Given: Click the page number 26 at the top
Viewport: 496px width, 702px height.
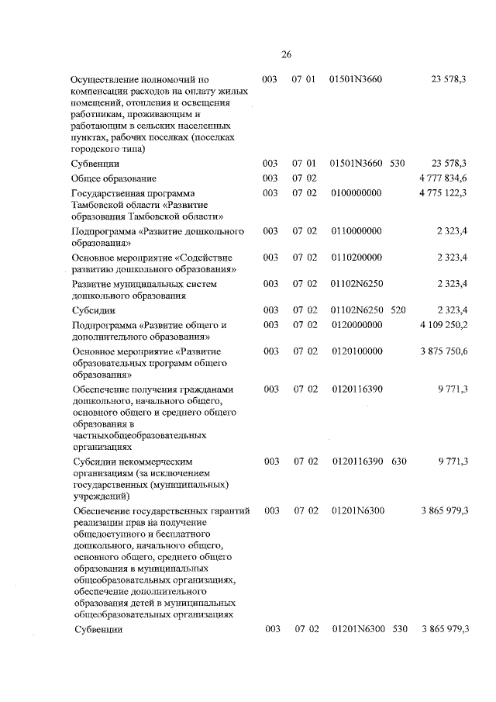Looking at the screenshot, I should pos(285,54).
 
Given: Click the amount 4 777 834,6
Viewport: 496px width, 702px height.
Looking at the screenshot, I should pos(443,178).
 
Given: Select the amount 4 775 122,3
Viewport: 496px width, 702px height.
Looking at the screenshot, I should pos(443,192).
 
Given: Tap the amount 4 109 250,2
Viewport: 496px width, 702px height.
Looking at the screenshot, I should pos(443,325).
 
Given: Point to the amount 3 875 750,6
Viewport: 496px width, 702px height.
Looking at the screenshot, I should pos(443,351).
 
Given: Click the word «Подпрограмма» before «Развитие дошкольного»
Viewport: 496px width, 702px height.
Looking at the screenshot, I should pos(104,231).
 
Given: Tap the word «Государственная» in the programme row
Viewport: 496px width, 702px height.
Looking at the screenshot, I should pos(108,192).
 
